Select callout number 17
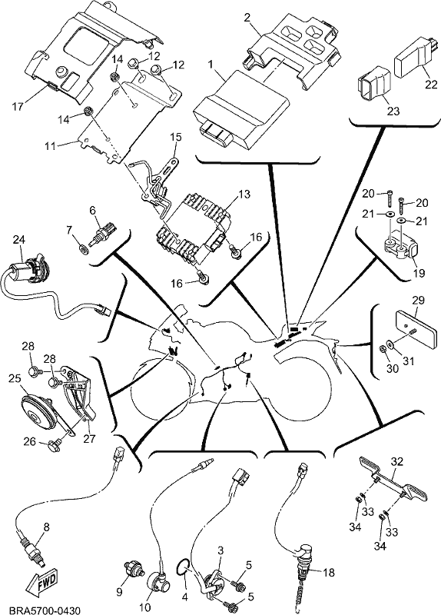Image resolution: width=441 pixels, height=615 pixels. tap(18, 106)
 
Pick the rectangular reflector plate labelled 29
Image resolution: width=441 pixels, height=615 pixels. tap(415, 328)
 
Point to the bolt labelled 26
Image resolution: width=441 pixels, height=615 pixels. tap(53, 446)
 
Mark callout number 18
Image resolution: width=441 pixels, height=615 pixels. tap(329, 572)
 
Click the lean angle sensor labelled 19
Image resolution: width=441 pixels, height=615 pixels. tap(399, 248)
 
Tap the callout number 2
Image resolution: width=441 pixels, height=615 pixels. tap(247, 18)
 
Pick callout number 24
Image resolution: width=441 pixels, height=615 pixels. tap(18, 239)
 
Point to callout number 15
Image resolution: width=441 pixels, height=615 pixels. tap(176, 138)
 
